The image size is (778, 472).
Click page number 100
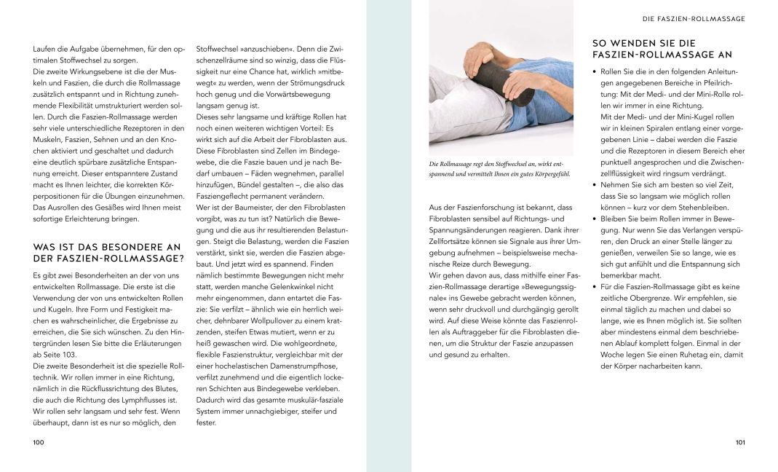pos(39,442)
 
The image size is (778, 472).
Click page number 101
pos(739,442)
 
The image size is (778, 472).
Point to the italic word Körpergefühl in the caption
pos(552,174)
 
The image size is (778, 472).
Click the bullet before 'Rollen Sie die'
pos(595,71)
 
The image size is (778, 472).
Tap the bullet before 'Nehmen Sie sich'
pos(595,186)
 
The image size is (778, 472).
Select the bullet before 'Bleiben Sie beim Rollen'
pos(595,219)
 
